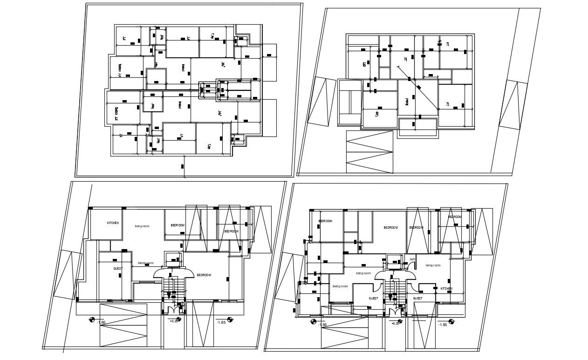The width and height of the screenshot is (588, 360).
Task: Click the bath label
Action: pos(412,259)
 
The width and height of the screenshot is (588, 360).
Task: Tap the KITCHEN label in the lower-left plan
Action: pos(113,223)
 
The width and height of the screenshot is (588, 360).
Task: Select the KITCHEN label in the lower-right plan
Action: pos(446,289)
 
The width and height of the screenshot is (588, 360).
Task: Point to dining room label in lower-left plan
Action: pos(145,263)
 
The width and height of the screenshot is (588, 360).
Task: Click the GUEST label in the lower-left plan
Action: pos(117,269)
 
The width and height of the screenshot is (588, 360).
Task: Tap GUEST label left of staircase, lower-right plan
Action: pos(373,298)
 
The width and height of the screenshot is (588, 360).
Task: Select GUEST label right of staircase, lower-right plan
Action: pos(417,298)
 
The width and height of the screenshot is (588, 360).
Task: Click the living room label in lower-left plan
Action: pos(141,227)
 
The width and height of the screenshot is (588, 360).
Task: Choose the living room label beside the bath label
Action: pos(433,265)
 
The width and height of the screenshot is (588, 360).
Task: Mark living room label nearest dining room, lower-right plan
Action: pos(363,273)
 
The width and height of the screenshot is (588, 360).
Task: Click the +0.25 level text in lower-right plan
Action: pos(396,323)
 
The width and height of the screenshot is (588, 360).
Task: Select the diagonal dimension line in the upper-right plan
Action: pos(417,87)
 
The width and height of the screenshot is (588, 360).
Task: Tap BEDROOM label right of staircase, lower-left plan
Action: pos(204,275)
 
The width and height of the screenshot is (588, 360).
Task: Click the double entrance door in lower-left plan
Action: pos(173,308)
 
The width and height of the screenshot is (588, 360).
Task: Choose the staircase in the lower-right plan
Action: pos(395,290)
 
